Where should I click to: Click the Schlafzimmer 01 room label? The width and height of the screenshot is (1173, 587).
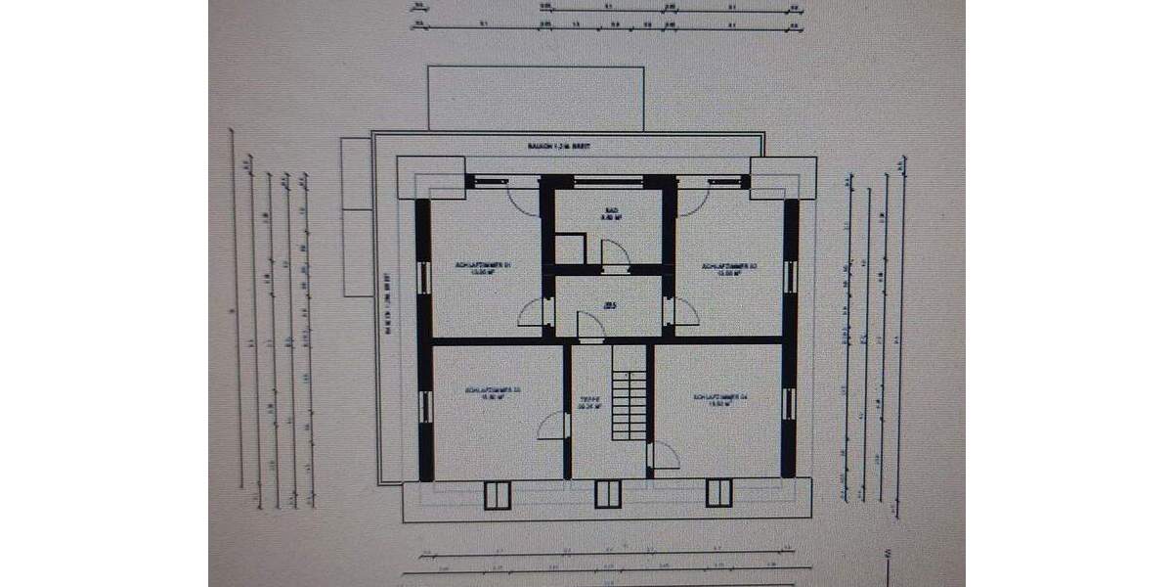click(484, 269)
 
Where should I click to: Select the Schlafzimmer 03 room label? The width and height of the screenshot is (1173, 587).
click(493, 394)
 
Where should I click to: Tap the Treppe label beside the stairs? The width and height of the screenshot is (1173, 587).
click(587, 403)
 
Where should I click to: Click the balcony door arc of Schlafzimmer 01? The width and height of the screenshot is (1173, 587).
click(522, 202)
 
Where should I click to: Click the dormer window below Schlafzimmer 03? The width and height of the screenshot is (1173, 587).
click(498, 494)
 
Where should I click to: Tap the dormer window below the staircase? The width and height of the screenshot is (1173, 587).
click(607, 494)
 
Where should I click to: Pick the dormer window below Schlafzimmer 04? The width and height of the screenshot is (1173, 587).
click(718, 494)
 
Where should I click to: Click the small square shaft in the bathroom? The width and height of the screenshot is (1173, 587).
click(569, 248)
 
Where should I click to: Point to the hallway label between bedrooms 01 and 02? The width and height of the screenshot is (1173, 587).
click(609, 306)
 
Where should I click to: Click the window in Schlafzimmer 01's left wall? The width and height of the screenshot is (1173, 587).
click(424, 277)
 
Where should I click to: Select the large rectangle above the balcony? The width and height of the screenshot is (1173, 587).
click(536, 98)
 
